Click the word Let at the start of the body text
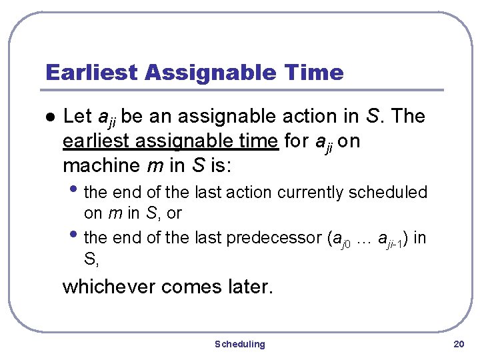(77, 117)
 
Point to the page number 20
(458, 344)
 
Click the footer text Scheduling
(239, 344)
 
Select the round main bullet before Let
(47, 117)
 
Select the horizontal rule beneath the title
(244, 90)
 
